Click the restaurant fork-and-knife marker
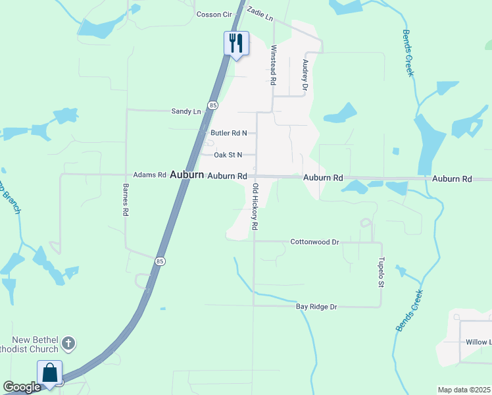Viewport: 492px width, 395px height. [x=236, y=43]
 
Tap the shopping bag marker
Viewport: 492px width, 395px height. [x=50, y=373]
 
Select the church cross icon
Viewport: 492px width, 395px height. [x=69, y=343]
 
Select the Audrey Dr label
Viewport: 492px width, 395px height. [x=305, y=74]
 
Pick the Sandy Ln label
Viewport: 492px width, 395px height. [x=185, y=112]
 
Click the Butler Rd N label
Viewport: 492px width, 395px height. [x=228, y=133]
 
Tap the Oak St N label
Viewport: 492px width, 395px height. [x=228, y=155]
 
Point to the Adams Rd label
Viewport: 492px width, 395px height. [x=149, y=175]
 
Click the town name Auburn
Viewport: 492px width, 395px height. [x=186, y=175]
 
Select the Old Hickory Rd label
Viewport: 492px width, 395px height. [x=255, y=206]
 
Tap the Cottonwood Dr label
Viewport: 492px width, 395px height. [x=314, y=242]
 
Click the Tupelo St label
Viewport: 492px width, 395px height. [x=380, y=271]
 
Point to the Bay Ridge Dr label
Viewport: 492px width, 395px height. [x=316, y=307]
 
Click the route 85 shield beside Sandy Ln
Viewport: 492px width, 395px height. [x=212, y=105]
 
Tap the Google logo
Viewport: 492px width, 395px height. [x=22, y=387]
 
